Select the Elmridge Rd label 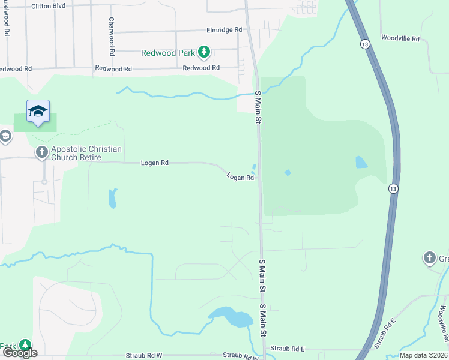point(224,29)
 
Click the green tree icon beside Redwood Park point(204,52)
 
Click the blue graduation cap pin point(38,111)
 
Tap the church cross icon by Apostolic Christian point(42,152)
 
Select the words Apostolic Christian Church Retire point(86,153)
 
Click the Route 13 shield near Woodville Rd point(365,44)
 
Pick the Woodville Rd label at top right point(401,38)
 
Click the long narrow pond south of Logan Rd point(112,198)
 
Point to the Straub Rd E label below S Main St point(288,349)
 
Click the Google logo point(20,353)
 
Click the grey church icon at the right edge point(429,259)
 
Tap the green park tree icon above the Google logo point(25,345)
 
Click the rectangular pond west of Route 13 point(361,162)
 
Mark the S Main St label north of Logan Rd point(259,108)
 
